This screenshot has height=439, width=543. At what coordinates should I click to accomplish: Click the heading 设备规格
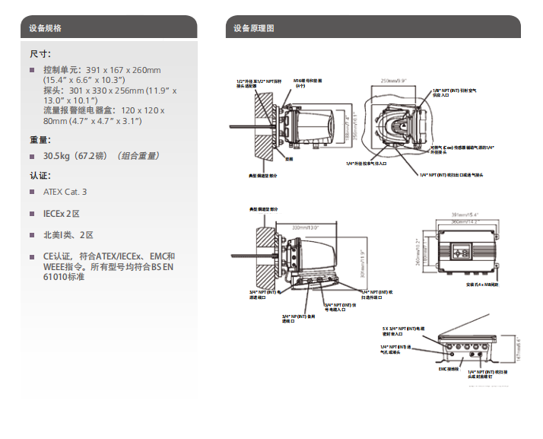(x=45, y=28)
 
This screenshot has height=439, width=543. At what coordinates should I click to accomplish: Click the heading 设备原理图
(x=253, y=28)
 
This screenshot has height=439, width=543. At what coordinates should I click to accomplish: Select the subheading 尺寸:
(x=40, y=54)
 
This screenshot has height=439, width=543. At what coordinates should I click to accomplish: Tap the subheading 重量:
(x=40, y=139)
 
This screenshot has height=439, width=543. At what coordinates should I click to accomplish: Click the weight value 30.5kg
(x=57, y=155)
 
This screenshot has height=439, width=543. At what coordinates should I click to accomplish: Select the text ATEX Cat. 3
(x=65, y=192)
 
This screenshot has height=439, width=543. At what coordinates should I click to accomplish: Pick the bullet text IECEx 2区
(x=62, y=214)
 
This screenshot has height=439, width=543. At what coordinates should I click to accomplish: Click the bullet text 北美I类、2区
(x=68, y=235)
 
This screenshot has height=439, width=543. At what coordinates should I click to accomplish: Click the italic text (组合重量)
(x=138, y=155)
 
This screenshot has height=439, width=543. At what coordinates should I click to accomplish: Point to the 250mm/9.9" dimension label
(x=394, y=79)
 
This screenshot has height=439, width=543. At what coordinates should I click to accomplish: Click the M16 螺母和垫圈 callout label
(x=308, y=82)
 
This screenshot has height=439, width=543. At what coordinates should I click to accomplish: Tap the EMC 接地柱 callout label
(x=448, y=369)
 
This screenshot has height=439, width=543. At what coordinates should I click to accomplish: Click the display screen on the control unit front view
(x=462, y=248)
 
